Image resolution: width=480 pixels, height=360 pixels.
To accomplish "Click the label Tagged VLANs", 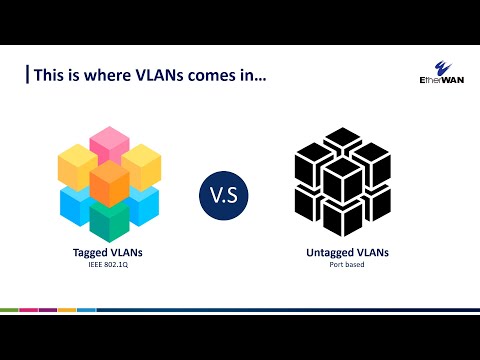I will click(x=110, y=254).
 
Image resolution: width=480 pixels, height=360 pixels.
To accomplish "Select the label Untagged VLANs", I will click(x=346, y=254).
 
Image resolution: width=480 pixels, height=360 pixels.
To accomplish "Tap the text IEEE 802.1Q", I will click(x=110, y=265).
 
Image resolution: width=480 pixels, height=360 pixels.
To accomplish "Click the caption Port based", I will click(x=346, y=265).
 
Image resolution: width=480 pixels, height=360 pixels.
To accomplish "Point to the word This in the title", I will click(x=49, y=75).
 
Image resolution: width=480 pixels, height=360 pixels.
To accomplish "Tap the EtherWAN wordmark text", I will click(x=439, y=85).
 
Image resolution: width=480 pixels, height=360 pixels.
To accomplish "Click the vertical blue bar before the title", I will click(x=27, y=75).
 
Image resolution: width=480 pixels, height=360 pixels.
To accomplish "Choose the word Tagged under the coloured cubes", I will click(x=95, y=254).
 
